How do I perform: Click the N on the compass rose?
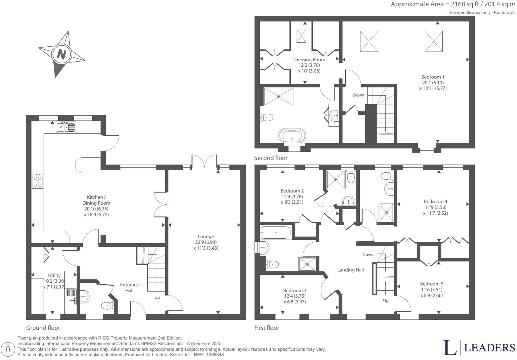(x=61, y=54)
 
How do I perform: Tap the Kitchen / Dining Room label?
(x=96, y=200)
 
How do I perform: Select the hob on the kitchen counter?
(x=38, y=181)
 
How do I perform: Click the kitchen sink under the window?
(x=66, y=127)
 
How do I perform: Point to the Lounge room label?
(x=206, y=236)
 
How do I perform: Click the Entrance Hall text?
(x=129, y=287)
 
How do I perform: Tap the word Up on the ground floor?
(x=157, y=297)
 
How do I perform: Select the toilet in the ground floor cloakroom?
(x=107, y=305)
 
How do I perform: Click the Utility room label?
(x=54, y=275)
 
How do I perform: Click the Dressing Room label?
(x=309, y=60)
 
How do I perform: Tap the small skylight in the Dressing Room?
(x=301, y=36)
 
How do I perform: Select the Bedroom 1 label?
(x=433, y=77)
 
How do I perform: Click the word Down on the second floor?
(x=358, y=95)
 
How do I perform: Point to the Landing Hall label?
(x=350, y=270)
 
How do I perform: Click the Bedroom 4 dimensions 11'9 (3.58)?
(x=435, y=207)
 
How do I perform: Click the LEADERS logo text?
(x=489, y=348)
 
